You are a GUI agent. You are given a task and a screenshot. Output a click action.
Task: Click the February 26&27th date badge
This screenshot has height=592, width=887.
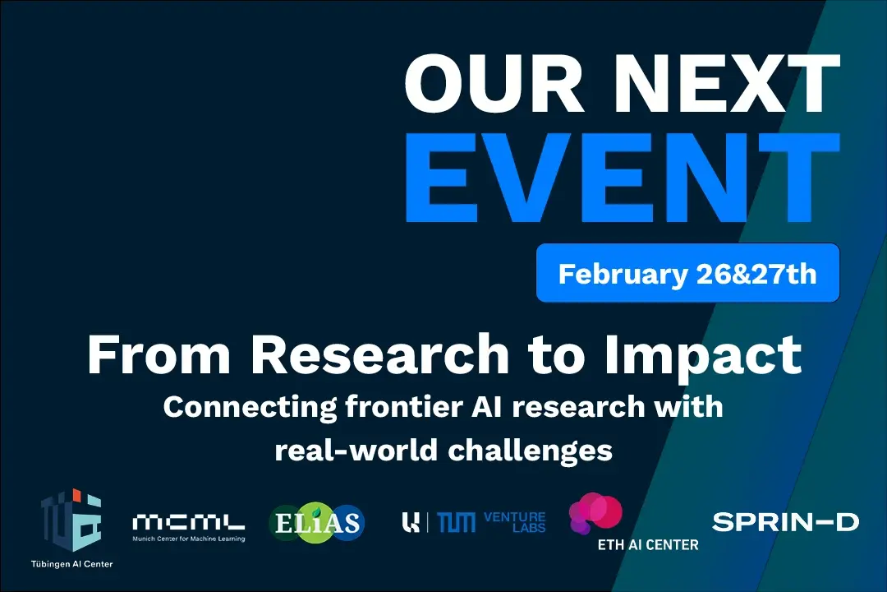(x=687, y=273)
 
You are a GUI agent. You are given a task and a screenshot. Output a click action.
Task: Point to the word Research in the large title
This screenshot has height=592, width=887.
(x=379, y=354)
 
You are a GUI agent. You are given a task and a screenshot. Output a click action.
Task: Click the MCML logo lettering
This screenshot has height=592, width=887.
(x=188, y=522)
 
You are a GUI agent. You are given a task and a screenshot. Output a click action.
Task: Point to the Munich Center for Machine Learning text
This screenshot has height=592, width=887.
(x=188, y=539)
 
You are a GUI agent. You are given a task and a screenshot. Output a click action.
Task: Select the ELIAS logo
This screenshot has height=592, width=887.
(x=316, y=522)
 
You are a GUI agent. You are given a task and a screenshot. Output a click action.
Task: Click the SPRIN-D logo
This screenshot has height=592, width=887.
(x=784, y=521)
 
